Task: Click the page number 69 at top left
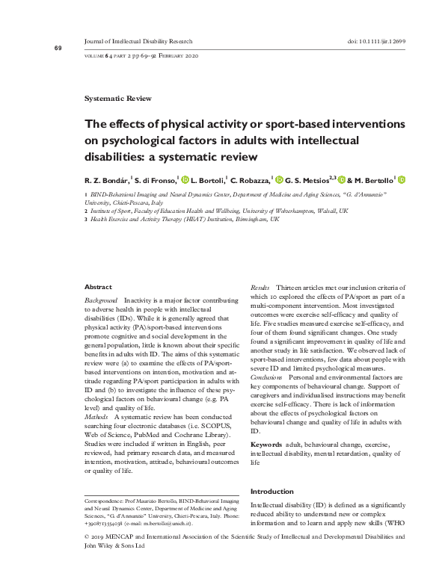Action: [58, 48]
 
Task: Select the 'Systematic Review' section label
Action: [118, 98]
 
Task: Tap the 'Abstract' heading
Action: [98, 287]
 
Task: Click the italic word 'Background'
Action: [101, 299]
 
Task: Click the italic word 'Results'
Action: [260, 287]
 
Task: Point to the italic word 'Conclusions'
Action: [266, 378]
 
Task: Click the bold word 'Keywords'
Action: [266, 445]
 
